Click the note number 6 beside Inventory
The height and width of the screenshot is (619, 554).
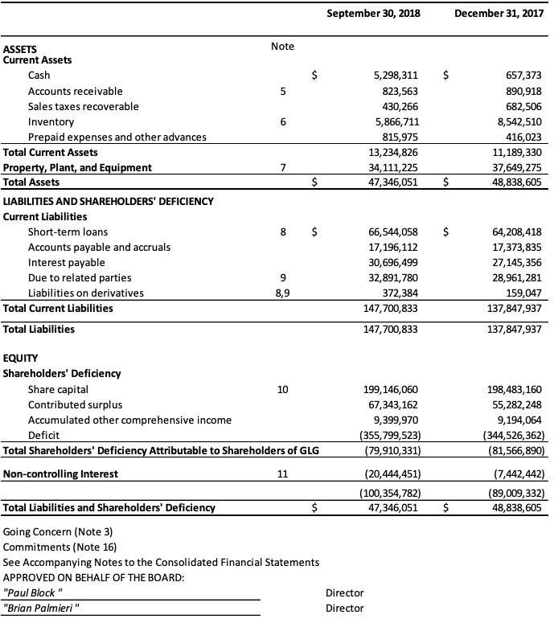[x=282, y=121]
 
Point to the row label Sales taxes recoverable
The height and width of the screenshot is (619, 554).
[x=83, y=106]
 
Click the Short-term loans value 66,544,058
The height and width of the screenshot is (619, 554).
[x=392, y=232]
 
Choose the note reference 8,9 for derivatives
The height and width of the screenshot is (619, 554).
[x=282, y=293]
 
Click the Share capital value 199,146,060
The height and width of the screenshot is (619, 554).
[x=389, y=389]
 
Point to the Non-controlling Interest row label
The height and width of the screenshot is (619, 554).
[x=60, y=473]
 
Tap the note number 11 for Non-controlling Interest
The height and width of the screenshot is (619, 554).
[x=282, y=473]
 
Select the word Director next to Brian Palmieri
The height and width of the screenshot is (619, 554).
[x=344, y=608]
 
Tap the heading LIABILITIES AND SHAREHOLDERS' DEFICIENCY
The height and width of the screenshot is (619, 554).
[x=109, y=201]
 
